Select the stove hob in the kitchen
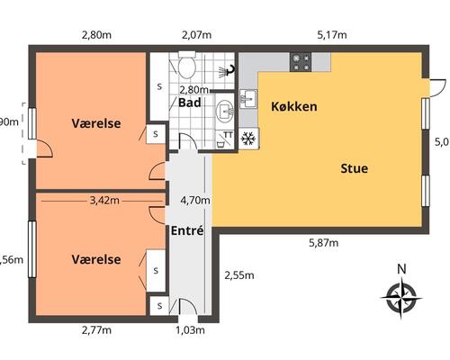(301, 62)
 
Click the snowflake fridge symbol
(249, 138)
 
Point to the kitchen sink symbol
(249, 96)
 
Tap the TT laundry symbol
(228, 137)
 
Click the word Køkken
(293, 106)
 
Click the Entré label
(187, 230)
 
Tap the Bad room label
(189, 103)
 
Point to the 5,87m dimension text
(325, 241)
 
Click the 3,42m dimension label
(104, 200)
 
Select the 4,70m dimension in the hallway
(195, 200)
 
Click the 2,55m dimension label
(238, 275)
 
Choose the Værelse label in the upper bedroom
(96, 122)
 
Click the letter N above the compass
(401, 268)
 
